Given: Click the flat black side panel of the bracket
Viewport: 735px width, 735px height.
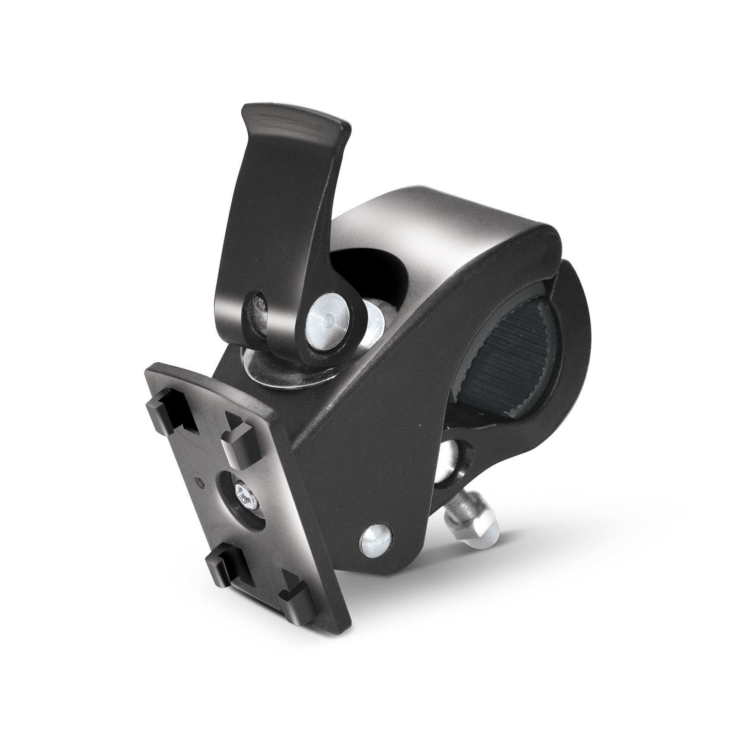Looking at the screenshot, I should point(367,454).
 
